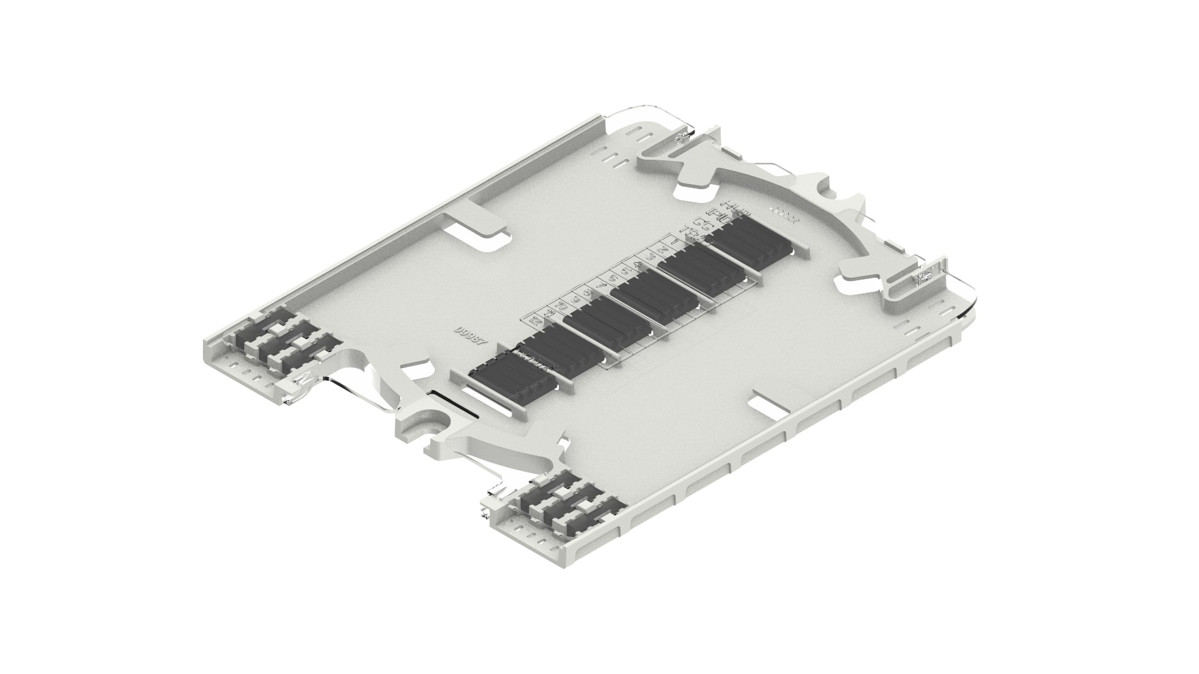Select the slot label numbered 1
(673, 239)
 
